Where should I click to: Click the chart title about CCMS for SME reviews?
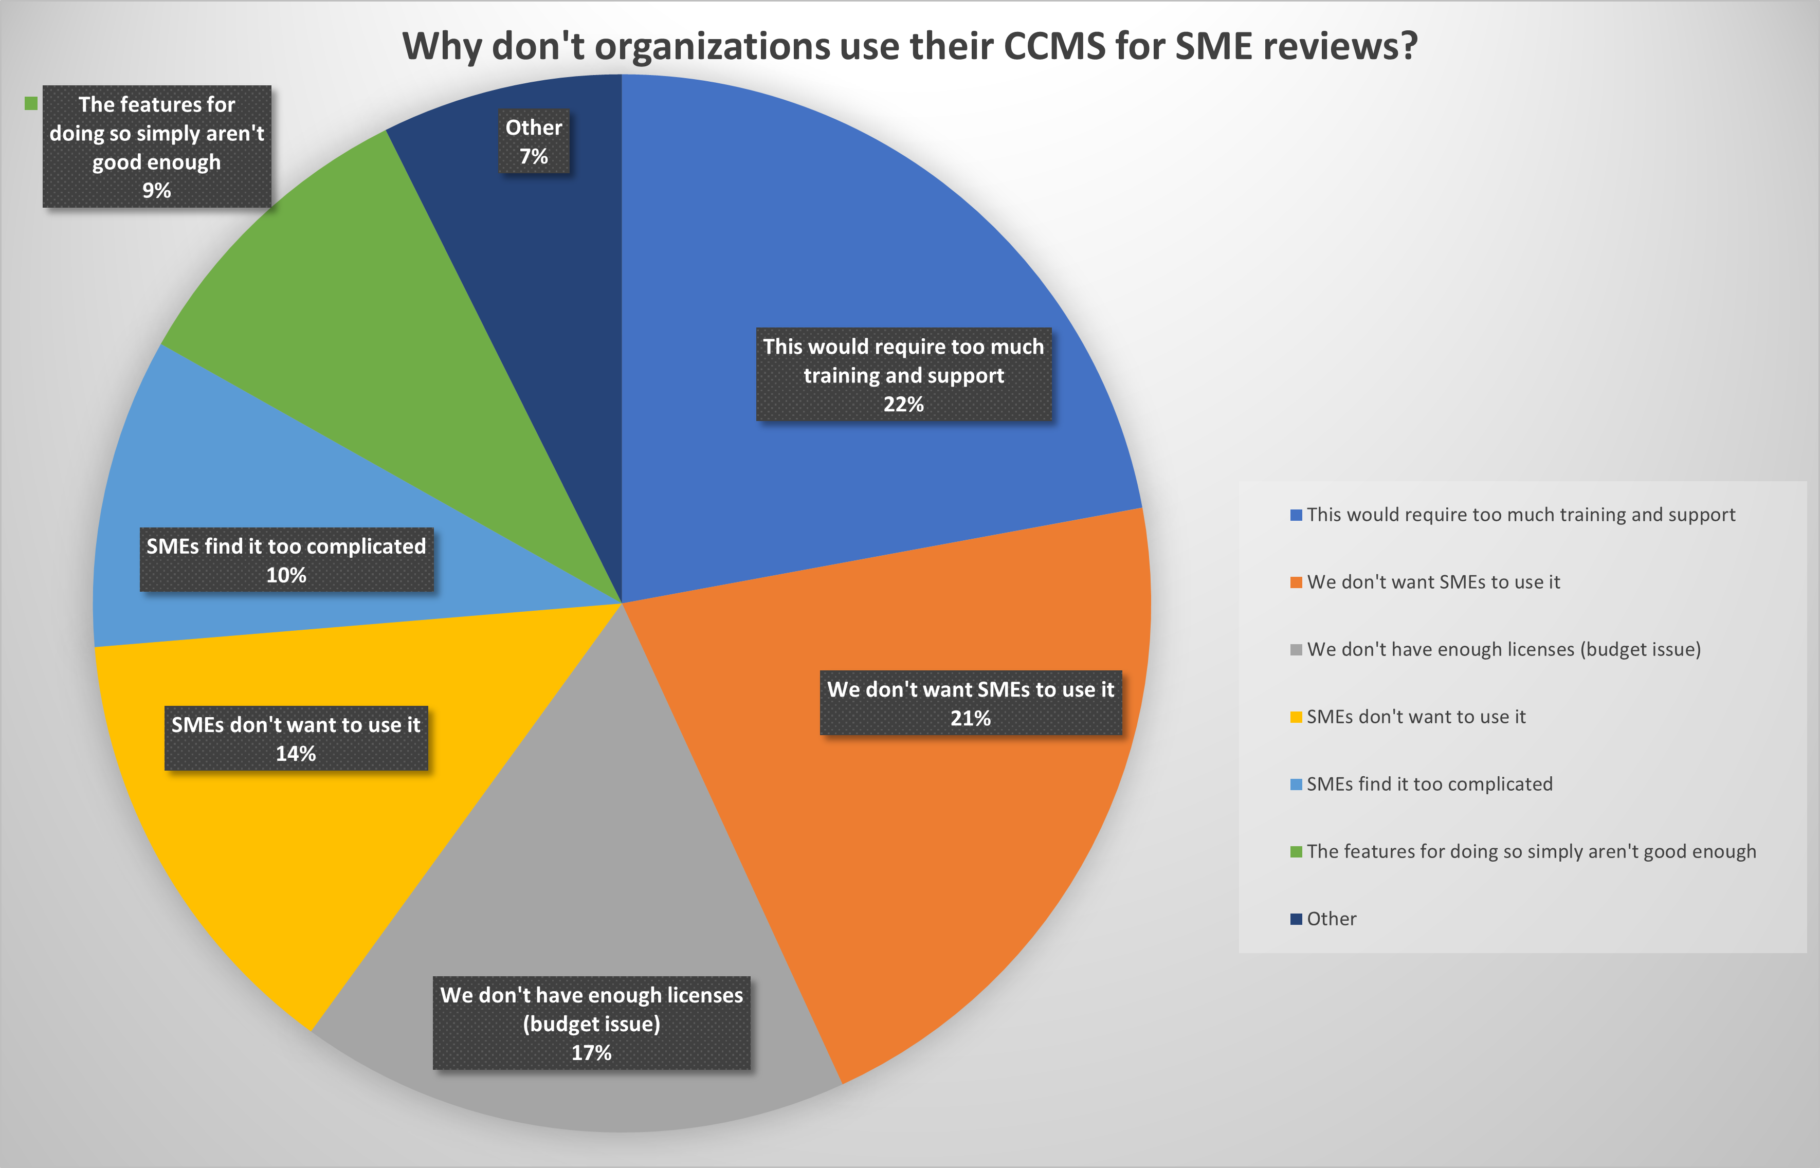pos(909,46)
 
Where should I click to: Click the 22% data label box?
pos(904,375)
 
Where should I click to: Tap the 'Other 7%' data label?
pos(534,142)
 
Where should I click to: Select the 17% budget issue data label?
pos(591,1023)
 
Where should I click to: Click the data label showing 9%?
pos(157,147)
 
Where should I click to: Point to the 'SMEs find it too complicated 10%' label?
pos(287,560)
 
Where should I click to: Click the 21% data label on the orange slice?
pos(971,703)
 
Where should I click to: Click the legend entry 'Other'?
pos(1331,919)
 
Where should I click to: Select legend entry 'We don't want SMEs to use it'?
pos(1433,582)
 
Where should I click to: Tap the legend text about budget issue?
pos(1503,650)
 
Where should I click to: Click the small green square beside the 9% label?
pos(31,103)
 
